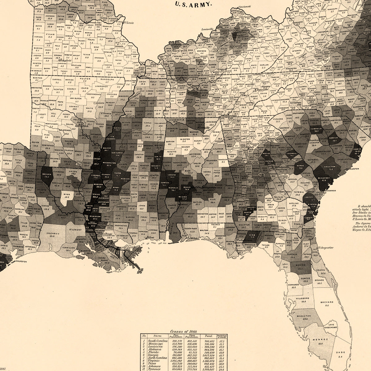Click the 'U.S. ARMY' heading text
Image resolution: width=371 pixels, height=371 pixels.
194,4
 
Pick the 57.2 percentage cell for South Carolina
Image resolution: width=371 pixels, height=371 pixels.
222,340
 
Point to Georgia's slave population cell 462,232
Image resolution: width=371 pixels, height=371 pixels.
192,356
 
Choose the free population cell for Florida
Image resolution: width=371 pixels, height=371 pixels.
177,353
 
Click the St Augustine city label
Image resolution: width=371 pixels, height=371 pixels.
327,248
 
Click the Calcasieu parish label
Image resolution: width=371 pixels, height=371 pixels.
54,232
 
